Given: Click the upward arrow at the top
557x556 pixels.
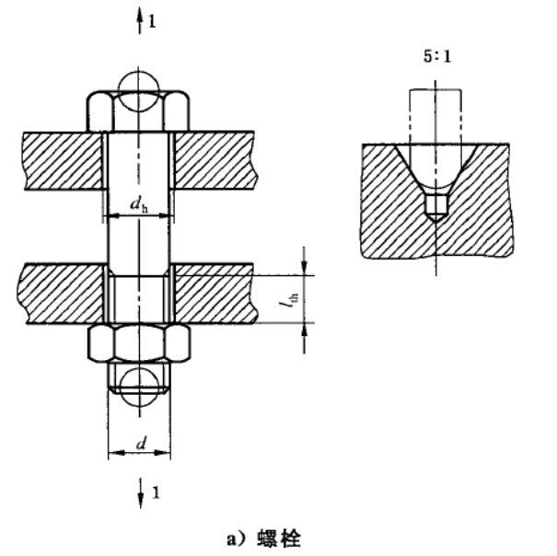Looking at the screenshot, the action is click(140, 20).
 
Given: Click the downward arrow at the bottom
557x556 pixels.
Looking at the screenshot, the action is click(141, 493).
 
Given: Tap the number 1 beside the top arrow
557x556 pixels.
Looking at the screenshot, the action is click(152, 22).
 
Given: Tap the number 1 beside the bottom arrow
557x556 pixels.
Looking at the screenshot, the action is click(156, 492).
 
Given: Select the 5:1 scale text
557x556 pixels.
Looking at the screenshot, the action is click(437, 56).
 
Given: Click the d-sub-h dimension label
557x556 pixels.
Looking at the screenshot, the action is click(139, 205).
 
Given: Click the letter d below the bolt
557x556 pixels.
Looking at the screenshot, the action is click(142, 444).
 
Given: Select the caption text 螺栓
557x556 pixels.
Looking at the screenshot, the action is click(279, 539).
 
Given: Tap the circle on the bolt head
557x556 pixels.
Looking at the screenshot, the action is click(139, 91).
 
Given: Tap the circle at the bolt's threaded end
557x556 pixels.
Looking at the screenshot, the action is click(139, 388).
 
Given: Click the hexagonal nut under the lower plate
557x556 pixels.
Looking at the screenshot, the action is click(139, 342).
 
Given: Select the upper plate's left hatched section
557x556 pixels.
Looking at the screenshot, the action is click(63, 160).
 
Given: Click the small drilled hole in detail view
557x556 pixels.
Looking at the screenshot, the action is click(436, 209).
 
